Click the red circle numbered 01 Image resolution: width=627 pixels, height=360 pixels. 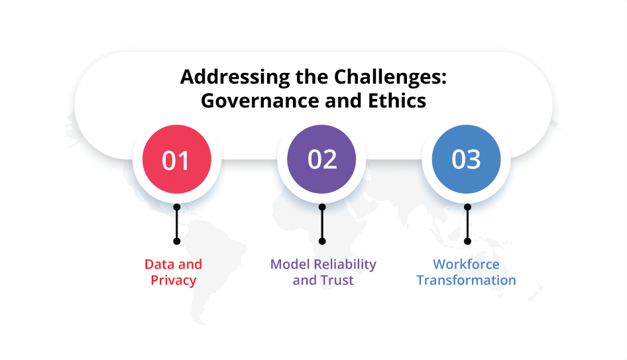click(x=176, y=160)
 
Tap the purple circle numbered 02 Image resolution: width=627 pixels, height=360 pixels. click(x=321, y=160)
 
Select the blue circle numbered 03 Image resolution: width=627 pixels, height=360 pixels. click(x=466, y=160)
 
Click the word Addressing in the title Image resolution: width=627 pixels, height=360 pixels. click(x=226, y=77)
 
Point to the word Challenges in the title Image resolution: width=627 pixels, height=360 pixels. click(x=383, y=77)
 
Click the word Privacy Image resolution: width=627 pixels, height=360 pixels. click(x=174, y=280)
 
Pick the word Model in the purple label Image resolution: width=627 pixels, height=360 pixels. click(x=290, y=265)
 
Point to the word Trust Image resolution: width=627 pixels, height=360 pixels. click(x=337, y=280)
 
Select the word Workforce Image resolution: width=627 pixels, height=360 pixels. click(x=466, y=265)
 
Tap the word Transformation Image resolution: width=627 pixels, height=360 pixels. click(x=466, y=280)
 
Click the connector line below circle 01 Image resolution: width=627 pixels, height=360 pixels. click(x=176, y=224)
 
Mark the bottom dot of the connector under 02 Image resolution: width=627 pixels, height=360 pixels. click(x=322, y=241)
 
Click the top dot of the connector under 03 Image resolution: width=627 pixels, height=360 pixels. click(x=467, y=208)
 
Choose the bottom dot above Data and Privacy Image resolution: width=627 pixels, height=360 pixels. click(x=176, y=241)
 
